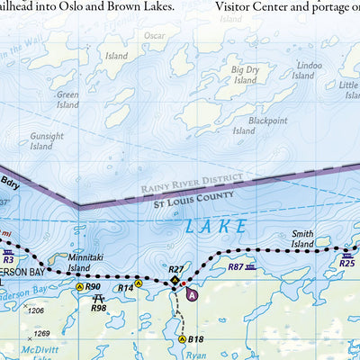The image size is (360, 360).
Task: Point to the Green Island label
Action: coord(67,100)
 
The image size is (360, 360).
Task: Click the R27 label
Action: coord(176,269)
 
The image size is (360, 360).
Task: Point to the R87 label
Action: coord(236,267)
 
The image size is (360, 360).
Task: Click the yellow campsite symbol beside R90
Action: coord(79,286)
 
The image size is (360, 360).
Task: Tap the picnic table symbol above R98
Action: coord(99,296)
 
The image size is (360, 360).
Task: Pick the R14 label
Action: coord(126,288)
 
